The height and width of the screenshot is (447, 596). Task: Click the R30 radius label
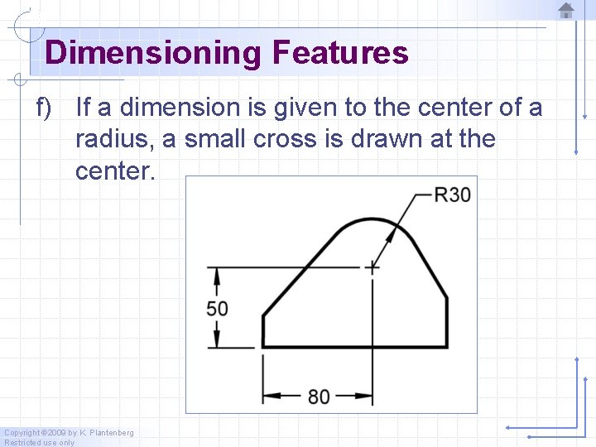click(452, 195)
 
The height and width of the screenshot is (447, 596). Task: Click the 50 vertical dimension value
click(217, 308)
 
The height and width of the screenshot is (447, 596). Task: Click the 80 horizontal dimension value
click(319, 397)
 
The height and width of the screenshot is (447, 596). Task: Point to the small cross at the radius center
click(372, 267)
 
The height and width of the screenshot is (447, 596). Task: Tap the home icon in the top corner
click(566, 11)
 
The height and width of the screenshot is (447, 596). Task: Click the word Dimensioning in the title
click(152, 53)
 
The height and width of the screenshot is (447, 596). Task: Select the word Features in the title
click(339, 53)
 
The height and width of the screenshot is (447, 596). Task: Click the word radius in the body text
click(113, 139)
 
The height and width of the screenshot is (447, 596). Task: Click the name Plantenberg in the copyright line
click(107, 433)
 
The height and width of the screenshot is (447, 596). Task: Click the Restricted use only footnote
click(39, 443)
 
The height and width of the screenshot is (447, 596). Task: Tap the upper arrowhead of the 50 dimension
click(217, 273)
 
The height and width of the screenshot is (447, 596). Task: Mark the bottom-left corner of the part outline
click(262, 347)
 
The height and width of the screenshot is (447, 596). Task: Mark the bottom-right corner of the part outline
click(447, 347)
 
